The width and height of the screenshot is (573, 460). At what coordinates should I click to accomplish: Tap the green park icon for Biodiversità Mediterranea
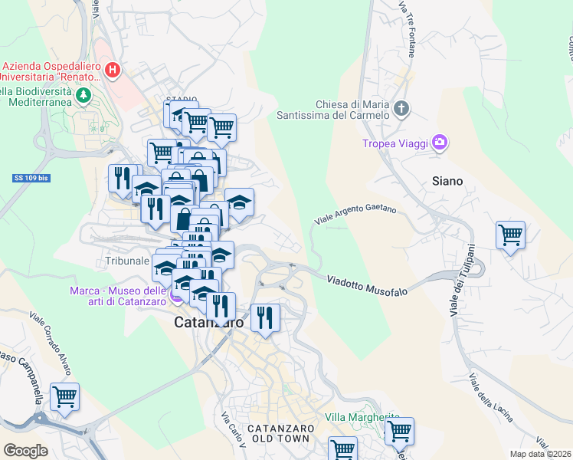click(x=83, y=96)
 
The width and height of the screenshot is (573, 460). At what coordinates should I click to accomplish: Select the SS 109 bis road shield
click(x=31, y=178)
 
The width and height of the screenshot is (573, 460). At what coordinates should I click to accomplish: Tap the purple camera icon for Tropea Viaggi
click(x=439, y=142)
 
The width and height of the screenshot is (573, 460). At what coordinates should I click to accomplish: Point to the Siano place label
click(x=447, y=181)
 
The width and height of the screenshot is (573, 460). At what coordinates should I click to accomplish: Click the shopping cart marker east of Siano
click(x=510, y=235)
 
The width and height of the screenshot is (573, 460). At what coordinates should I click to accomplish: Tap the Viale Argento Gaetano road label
click(x=355, y=214)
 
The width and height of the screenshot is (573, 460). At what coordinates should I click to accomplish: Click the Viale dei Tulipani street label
click(x=462, y=280)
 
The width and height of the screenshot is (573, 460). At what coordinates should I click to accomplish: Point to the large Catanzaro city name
click(x=208, y=323)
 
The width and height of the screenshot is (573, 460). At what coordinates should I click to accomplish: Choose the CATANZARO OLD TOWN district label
click(x=278, y=432)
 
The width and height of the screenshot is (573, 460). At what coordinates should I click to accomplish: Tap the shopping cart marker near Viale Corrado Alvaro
click(x=65, y=397)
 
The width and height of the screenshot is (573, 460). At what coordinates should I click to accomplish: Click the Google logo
click(x=26, y=451)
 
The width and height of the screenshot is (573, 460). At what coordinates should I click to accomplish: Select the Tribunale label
click(x=126, y=261)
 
